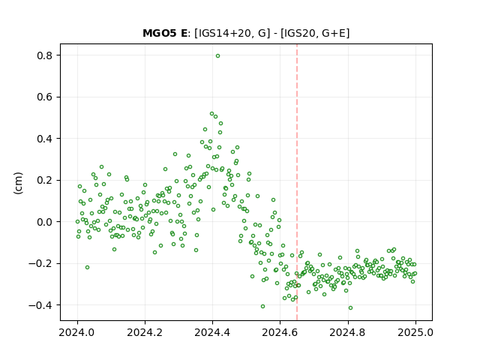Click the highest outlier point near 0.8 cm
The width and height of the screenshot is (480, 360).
pyautogui.click(x=217, y=56)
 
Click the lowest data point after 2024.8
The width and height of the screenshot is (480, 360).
pyautogui.click(x=350, y=308)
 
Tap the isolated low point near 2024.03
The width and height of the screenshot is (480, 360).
pyautogui.click(x=87, y=268)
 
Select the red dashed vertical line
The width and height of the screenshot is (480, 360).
pyautogui.click(x=297, y=182)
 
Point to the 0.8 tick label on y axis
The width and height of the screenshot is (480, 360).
pyautogui.click(x=45, y=55)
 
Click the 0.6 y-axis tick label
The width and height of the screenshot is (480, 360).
pyautogui.click(x=45, y=97)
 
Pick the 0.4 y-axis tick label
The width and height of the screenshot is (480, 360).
pyautogui.click(x=45, y=139)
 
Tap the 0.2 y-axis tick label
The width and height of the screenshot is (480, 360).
pyautogui.click(x=45, y=180)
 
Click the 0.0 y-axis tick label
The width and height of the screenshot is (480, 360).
pyautogui.click(x=45, y=222)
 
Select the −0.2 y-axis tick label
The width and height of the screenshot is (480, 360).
pyautogui.click(x=41, y=263)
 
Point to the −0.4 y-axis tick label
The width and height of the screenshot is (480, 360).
pyautogui.click(x=41, y=305)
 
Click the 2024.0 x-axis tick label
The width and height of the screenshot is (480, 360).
pyautogui.click(x=77, y=332)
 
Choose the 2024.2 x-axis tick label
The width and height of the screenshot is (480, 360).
pyautogui.click(x=145, y=332)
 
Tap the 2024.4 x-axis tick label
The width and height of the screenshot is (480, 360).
pyautogui.click(x=212, y=332)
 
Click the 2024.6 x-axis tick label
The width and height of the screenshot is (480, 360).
pyautogui.click(x=280, y=332)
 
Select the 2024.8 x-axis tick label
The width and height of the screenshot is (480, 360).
pyautogui.click(x=347, y=332)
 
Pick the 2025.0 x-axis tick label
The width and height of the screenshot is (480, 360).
pyautogui.click(x=415, y=332)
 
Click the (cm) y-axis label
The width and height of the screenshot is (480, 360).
pyautogui.click(x=18, y=183)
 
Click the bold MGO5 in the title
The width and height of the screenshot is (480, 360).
pyautogui.click(x=160, y=33)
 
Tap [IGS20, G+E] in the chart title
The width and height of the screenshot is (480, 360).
pyautogui.click(x=315, y=33)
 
